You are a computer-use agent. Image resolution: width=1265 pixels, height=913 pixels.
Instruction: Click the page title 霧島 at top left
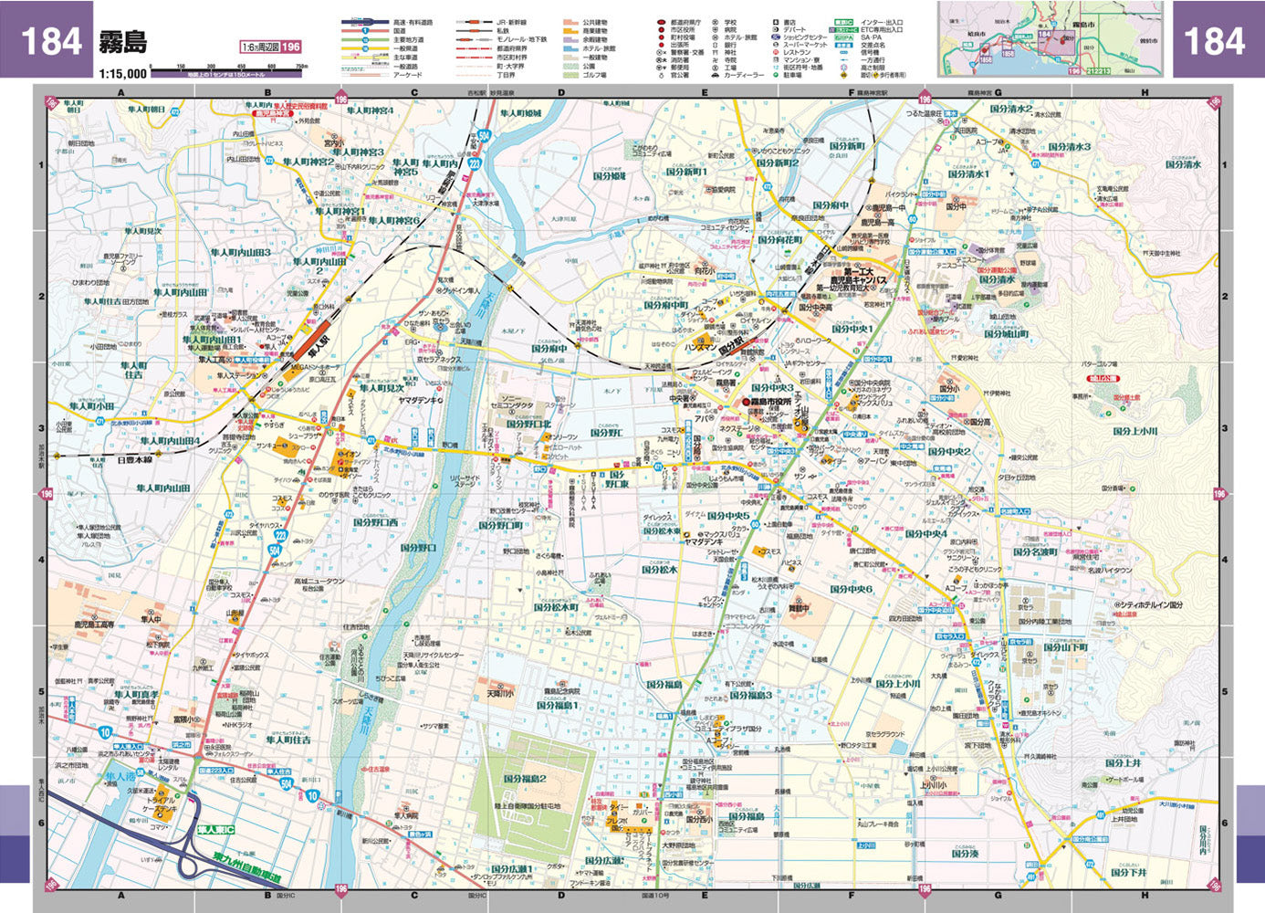point(122,41)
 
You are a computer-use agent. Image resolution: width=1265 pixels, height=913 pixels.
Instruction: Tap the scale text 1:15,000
point(123,73)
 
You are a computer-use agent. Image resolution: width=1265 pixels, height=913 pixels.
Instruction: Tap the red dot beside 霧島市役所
point(745,403)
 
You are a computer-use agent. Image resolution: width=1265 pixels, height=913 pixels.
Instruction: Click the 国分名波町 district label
point(1035,552)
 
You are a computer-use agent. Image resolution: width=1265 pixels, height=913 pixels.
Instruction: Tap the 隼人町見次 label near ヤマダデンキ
point(382,388)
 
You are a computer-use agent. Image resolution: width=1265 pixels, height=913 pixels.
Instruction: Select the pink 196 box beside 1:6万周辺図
point(290,47)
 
